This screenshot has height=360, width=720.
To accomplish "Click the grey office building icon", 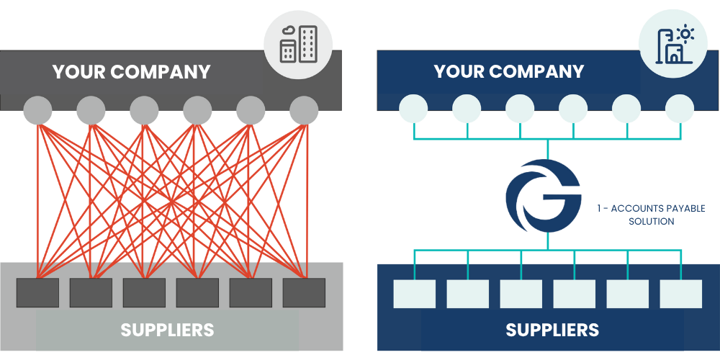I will tap(298, 44).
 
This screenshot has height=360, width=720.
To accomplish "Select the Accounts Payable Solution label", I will tap(651, 215).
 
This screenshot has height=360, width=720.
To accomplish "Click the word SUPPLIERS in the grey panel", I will tap(167, 330).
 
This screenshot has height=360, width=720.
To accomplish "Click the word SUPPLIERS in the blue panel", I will tap(552, 330).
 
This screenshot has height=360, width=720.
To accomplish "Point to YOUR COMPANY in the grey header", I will tap(131, 72).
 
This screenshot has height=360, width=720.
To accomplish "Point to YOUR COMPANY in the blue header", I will tap(509, 72).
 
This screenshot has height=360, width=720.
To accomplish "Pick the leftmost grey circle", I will tap(37, 111).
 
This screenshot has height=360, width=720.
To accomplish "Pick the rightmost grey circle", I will tap(304, 111).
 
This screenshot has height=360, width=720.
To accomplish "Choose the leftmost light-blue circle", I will tap(413, 109).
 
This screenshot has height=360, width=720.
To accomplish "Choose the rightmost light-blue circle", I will tap(680, 109).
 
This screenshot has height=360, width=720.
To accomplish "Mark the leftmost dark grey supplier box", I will tap(37, 292).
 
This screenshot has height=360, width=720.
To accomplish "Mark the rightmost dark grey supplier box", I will tap(304, 292).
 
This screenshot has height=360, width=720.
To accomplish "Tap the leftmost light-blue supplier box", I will tap(415, 294).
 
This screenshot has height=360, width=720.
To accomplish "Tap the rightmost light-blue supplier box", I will tap(681, 294).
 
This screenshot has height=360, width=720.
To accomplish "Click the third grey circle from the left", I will tap(144, 111).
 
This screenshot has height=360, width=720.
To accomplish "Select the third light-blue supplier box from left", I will tap(521, 294).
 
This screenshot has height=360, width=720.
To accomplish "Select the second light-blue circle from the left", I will tap(467, 109).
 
